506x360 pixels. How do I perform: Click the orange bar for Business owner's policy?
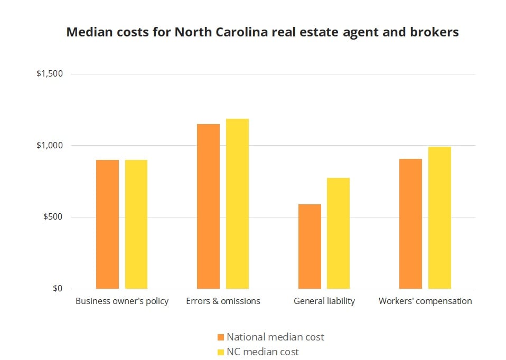[107, 224]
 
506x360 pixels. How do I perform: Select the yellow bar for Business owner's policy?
[136, 224]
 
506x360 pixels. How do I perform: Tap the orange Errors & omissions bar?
[208, 206]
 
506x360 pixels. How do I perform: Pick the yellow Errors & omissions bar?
[237, 204]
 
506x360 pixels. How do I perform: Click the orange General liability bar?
[310, 247]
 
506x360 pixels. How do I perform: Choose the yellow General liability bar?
[338, 233]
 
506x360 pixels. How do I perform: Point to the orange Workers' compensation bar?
[410, 224]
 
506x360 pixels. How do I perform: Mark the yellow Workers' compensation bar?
[439, 218]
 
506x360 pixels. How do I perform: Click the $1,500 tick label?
[50, 74]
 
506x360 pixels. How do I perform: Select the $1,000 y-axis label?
[50, 146]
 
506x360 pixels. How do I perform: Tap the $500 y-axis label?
[53, 217]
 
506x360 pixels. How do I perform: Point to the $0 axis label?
[57, 289]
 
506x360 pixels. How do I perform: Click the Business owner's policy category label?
[122, 301]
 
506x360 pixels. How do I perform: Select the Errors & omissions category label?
[223, 301]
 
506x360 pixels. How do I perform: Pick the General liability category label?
[324, 301]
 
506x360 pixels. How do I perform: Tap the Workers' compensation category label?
[425, 301]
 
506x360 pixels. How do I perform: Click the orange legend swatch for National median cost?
[221, 337]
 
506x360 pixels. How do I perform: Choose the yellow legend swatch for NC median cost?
[221, 352]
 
